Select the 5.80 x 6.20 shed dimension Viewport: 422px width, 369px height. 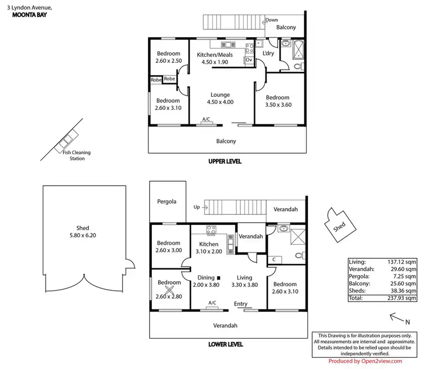(x=83, y=235)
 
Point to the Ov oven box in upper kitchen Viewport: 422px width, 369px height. (x=248, y=60)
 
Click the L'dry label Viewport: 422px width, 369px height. (x=268, y=53)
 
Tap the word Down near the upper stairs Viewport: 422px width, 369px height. (x=271, y=20)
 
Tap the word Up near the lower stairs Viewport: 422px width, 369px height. (x=196, y=207)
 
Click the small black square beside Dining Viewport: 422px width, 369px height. (x=219, y=277)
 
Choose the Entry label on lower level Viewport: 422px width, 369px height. (x=240, y=304)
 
